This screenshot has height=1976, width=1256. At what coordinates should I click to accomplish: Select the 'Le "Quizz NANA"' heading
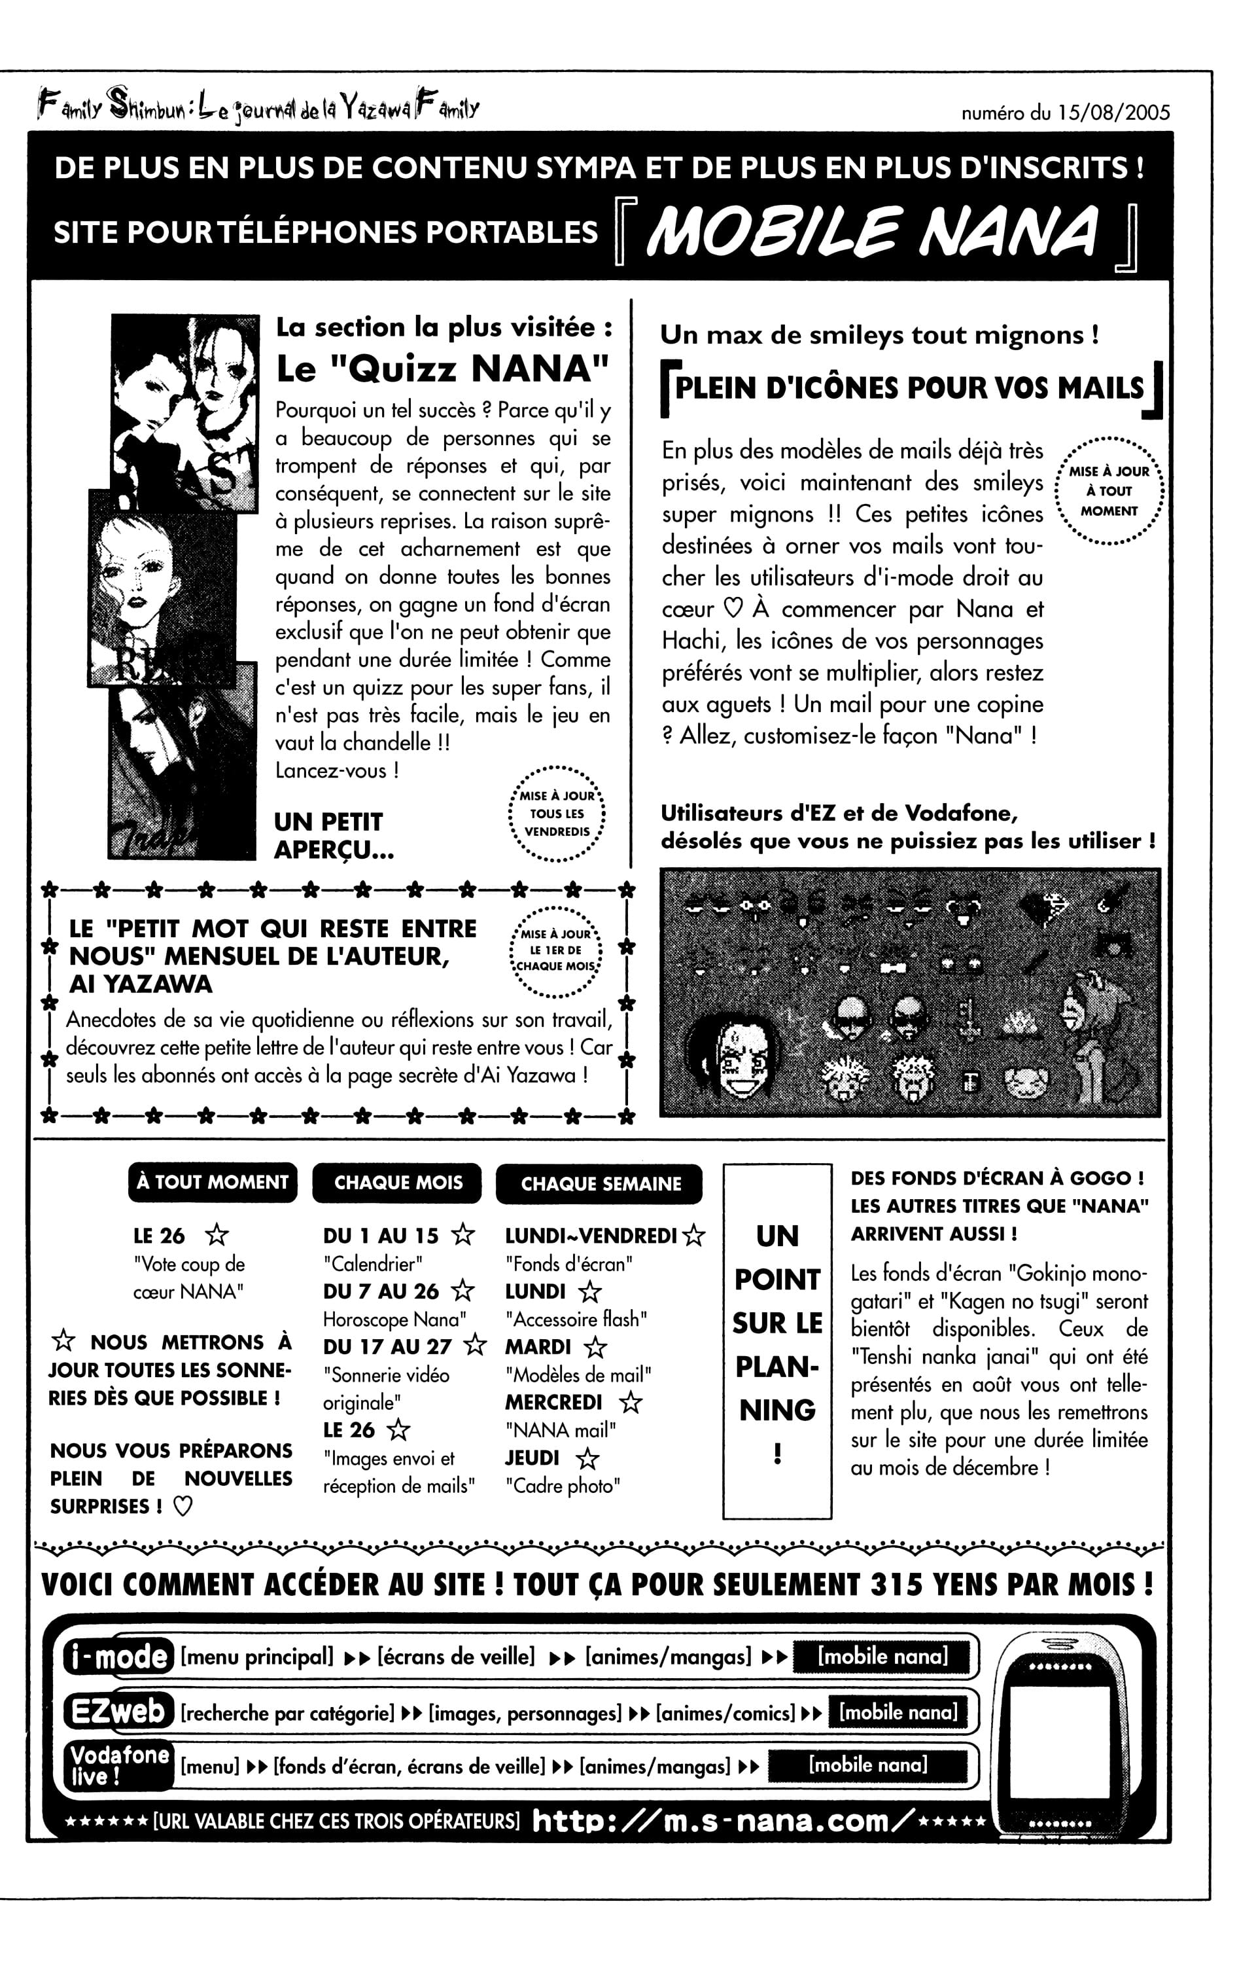[x=443, y=368]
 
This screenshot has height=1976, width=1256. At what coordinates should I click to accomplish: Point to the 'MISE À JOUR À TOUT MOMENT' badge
[x=1108, y=492]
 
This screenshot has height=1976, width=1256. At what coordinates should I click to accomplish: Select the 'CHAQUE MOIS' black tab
[x=398, y=1183]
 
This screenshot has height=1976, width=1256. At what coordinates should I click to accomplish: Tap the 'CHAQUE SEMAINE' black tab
[x=601, y=1183]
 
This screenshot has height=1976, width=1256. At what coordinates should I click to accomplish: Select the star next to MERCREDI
[x=630, y=1403]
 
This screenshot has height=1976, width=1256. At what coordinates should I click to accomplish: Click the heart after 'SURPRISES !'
[x=183, y=1507]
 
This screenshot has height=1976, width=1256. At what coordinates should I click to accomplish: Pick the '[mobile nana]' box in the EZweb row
[x=898, y=1713]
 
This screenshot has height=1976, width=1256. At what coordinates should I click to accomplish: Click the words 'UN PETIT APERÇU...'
[x=333, y=835]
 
